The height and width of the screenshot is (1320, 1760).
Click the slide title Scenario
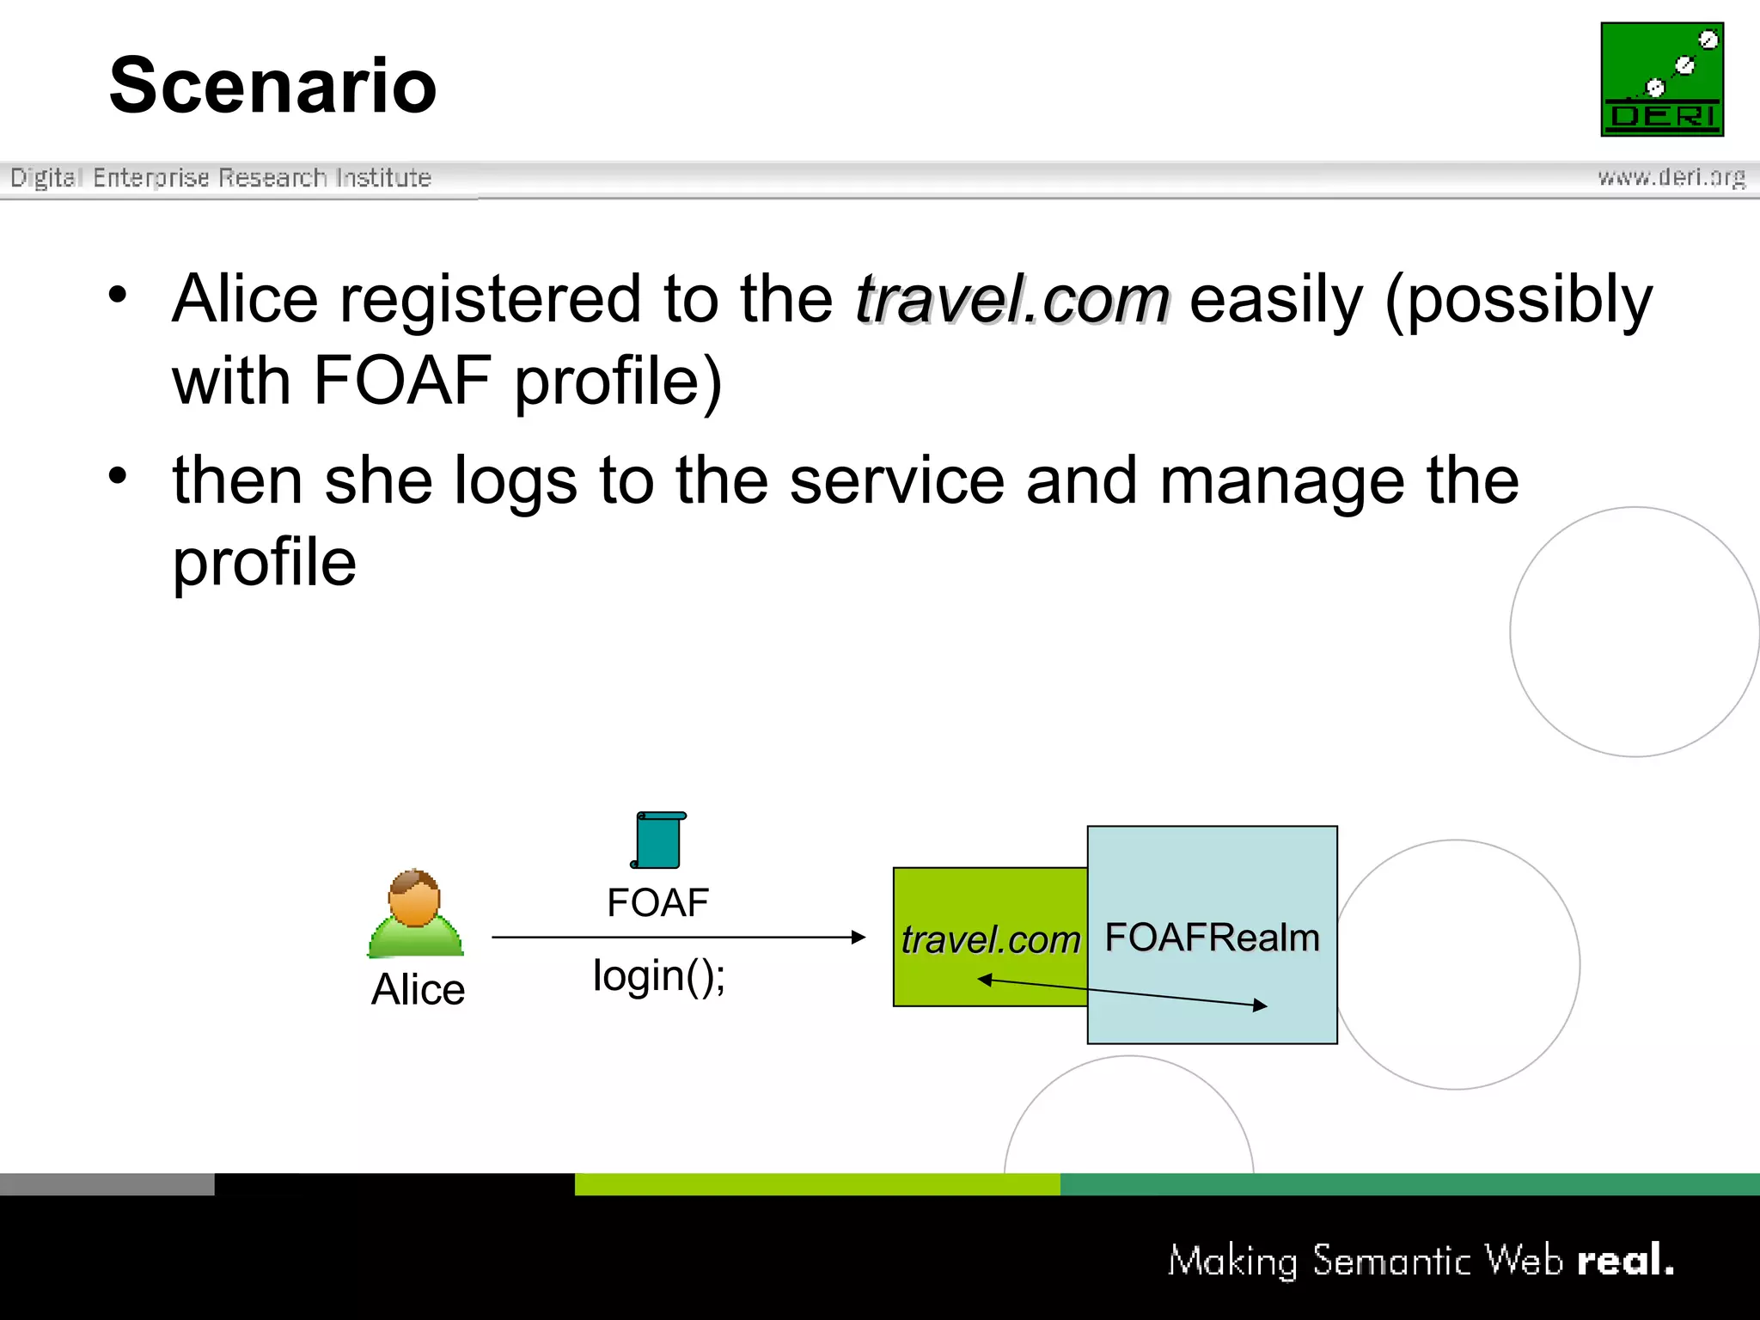[x=272, y=85]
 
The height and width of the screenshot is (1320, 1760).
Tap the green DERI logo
[x=1661, y=79]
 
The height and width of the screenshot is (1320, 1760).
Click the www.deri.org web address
[x=1671, y=177]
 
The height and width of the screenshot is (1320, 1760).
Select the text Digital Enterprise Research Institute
[x=220, y=178]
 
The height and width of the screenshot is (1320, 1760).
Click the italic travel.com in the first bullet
[x=1011, y=299]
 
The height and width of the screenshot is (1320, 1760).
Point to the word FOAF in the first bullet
[x=401, y=380]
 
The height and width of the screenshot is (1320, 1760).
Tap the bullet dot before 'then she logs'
[x=118, y=475]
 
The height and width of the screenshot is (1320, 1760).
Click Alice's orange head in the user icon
[x=414, y=899]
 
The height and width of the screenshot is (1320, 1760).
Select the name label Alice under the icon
[x=418, y=989]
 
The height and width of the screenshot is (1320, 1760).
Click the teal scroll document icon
[x=659, y=840]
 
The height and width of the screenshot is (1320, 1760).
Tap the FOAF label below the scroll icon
[x=657, y=903]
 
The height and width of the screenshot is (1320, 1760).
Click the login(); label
[x=658, y=976]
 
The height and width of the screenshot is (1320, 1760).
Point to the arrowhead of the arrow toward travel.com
[x=859, y=937]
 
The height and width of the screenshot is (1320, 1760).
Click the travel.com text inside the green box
[x=989, y=939]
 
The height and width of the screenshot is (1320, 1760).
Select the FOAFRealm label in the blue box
[x=1212, y=938]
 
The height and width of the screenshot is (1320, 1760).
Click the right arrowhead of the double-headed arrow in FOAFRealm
[x=1261, y=1005]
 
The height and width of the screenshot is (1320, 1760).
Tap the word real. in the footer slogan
[x=1625, y=1261]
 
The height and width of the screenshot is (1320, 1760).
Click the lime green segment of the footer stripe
[x=816, y=1184]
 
